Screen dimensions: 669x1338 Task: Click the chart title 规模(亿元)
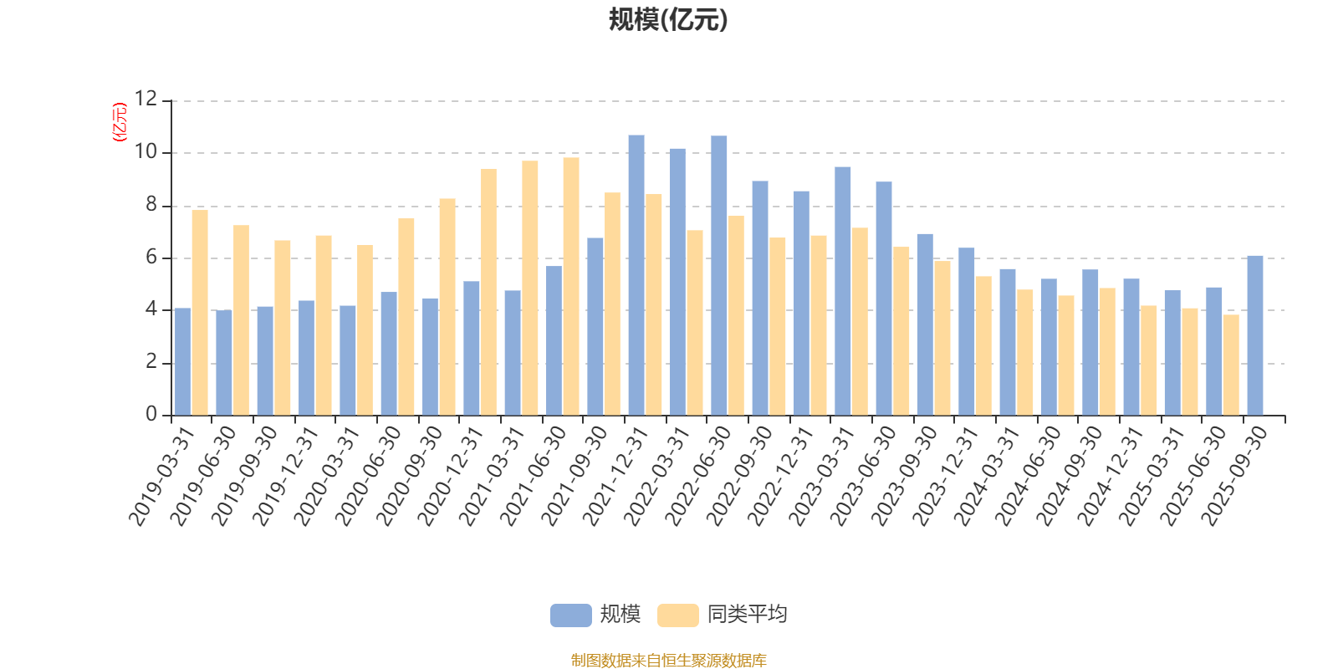667,20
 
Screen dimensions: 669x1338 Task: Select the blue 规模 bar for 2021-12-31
636,275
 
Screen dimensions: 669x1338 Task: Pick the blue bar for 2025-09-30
1255,335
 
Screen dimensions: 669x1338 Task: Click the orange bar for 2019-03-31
200,313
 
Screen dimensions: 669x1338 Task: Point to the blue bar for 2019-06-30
224,363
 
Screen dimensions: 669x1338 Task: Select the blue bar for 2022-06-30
719,275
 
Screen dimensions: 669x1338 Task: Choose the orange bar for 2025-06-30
1231,365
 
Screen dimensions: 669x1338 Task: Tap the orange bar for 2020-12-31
488,292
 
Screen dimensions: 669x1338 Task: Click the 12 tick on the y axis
146,100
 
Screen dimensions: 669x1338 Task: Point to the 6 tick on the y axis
151,258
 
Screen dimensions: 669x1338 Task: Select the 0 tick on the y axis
151,415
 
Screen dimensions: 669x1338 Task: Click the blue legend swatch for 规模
570,615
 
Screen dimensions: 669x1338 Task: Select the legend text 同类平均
747,615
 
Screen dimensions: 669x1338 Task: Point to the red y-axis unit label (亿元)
120,122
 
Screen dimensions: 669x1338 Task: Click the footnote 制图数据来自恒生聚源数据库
668,661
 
